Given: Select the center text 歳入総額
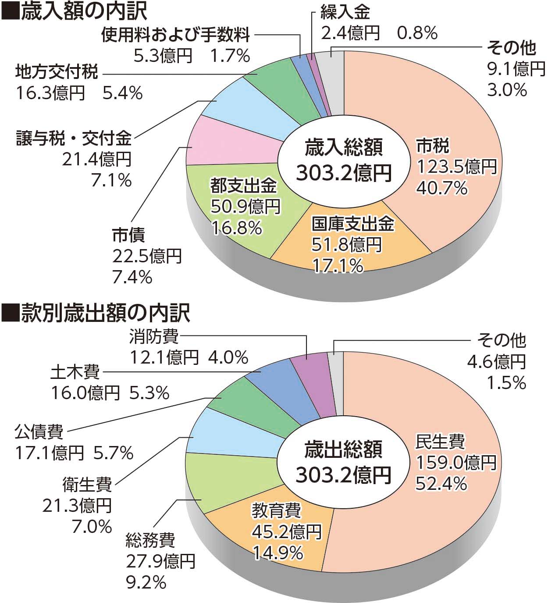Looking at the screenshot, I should point(343,147).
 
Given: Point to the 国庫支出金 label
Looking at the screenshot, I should point(352,224).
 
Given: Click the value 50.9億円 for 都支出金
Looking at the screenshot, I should point(245,207).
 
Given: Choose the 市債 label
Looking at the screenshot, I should point(128,235).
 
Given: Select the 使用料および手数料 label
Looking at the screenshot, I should point(175,35).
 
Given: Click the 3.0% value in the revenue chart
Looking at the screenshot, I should point(506,90).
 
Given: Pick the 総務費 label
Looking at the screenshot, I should point(150,540).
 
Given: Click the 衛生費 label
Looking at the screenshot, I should point(87,485).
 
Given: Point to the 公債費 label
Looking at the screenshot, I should point(39,432).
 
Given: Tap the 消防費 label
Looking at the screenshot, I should point(154,337).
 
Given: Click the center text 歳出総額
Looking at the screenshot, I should point(343,450).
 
